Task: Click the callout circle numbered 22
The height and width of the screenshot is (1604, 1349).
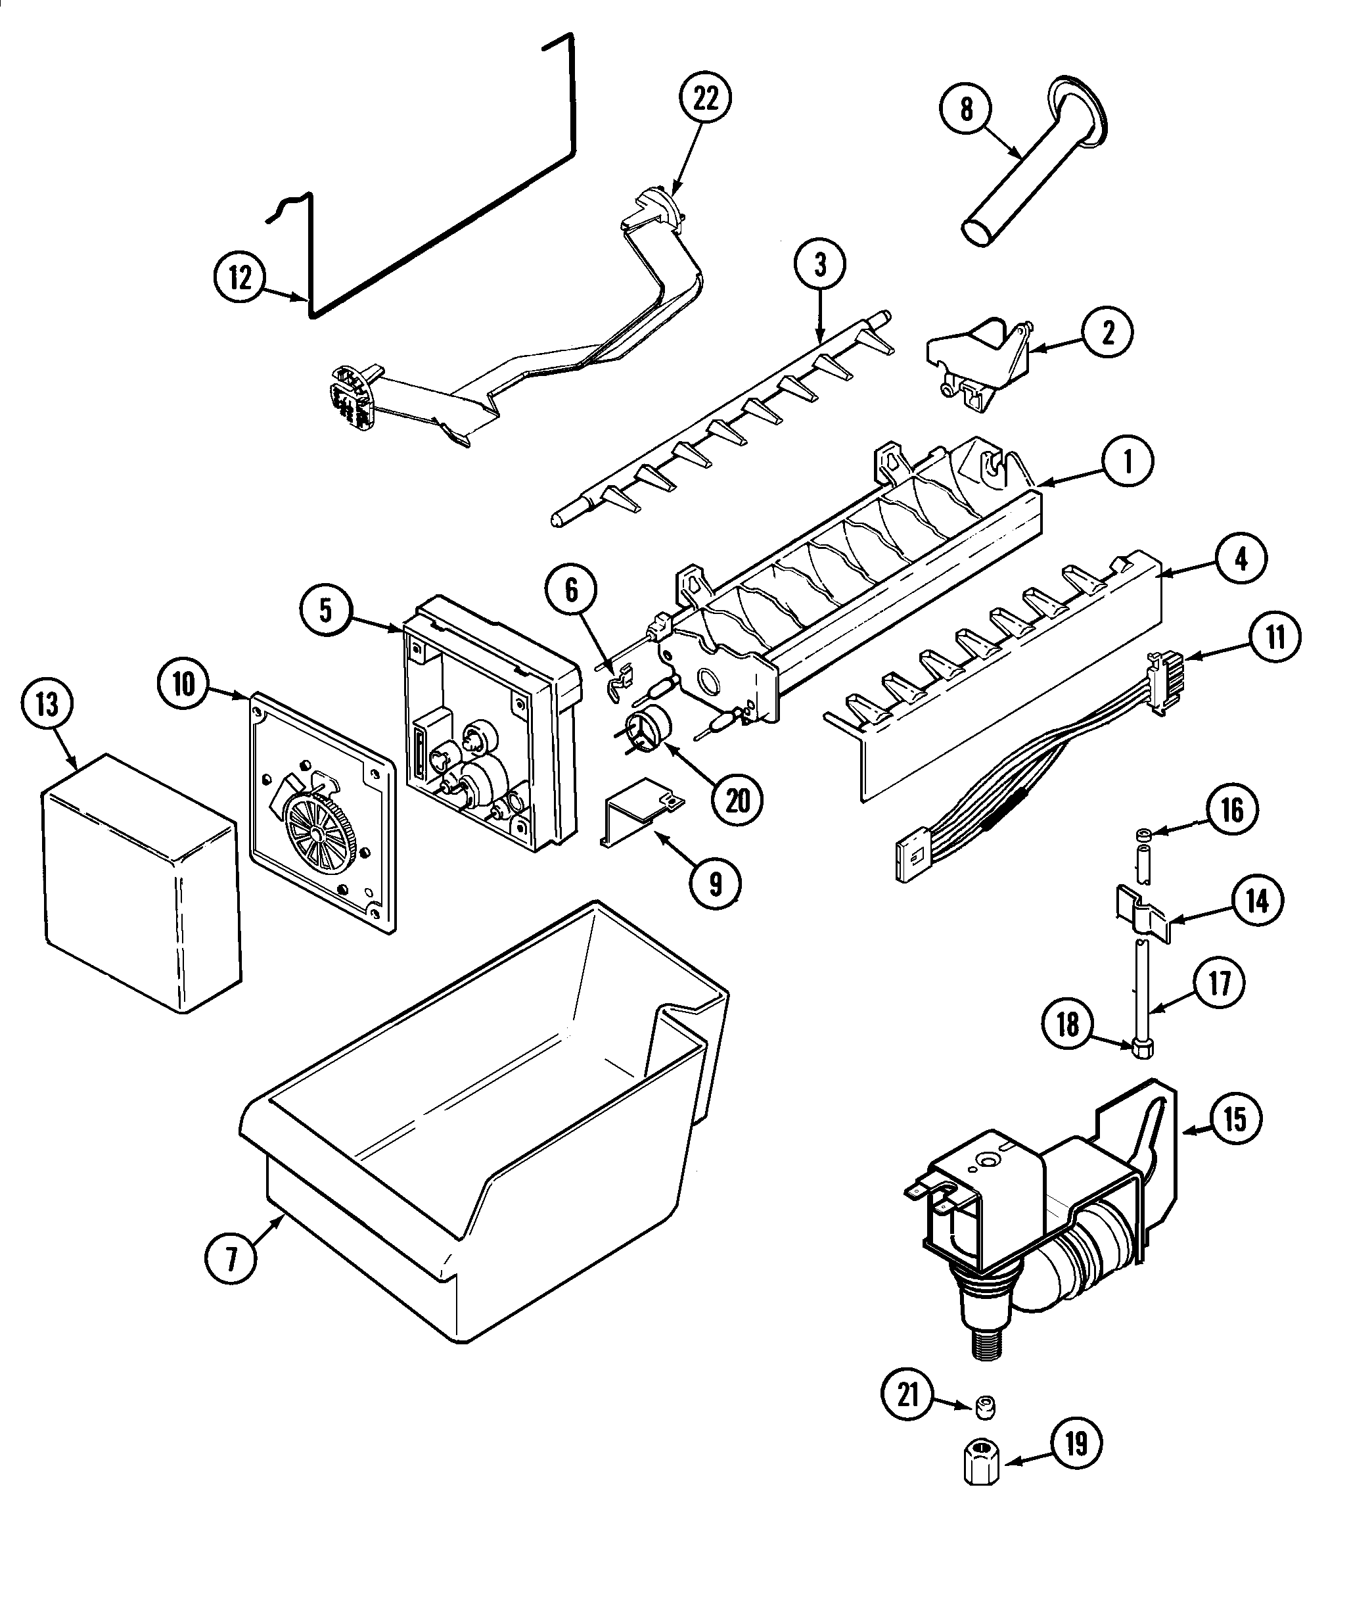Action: click(x=705, y=97)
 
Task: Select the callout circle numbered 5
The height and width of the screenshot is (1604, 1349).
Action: click(x=327, y=611)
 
